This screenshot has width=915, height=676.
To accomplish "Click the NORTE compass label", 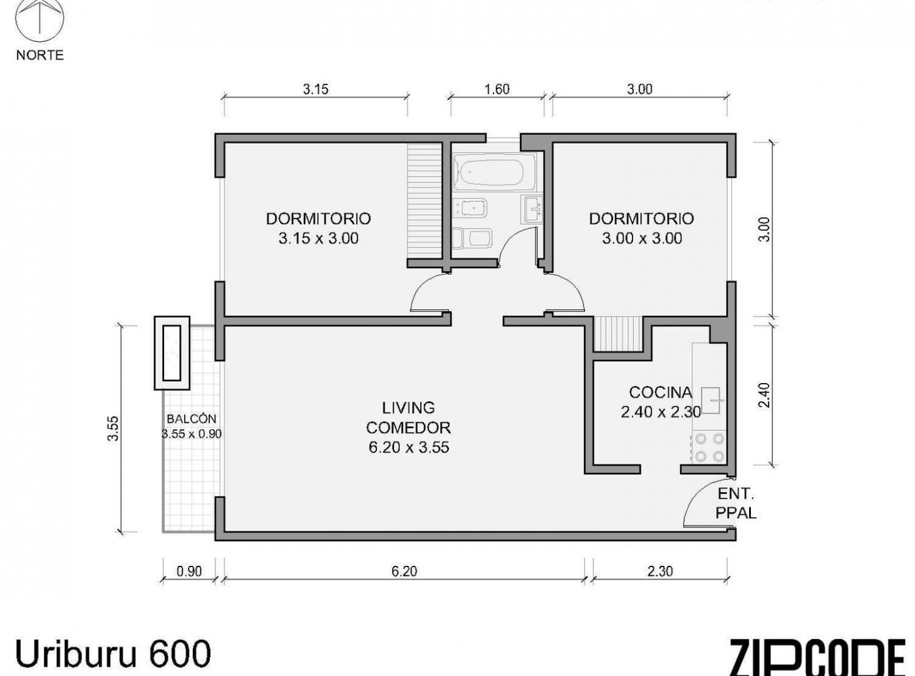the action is [40, 55].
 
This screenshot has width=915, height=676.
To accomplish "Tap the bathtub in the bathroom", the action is [494, 173].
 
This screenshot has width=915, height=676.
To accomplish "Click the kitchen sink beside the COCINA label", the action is [711, 400].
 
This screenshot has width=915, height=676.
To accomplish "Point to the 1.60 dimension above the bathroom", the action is [497, 89].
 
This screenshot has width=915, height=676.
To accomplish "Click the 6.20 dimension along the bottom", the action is [404, 571].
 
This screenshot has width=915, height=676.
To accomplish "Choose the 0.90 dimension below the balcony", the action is [189, 571].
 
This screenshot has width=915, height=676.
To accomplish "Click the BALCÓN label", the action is [191, 419].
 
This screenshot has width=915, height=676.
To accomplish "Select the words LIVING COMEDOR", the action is [408, 417].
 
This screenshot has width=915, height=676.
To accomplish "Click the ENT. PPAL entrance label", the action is [736, 503].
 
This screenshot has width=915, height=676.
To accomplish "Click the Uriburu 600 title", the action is [113, 654].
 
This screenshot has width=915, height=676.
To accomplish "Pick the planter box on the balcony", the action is [172, 353].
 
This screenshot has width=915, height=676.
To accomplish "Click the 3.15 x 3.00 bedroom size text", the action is [318, 238].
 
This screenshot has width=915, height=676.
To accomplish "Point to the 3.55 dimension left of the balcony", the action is [113, 428].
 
